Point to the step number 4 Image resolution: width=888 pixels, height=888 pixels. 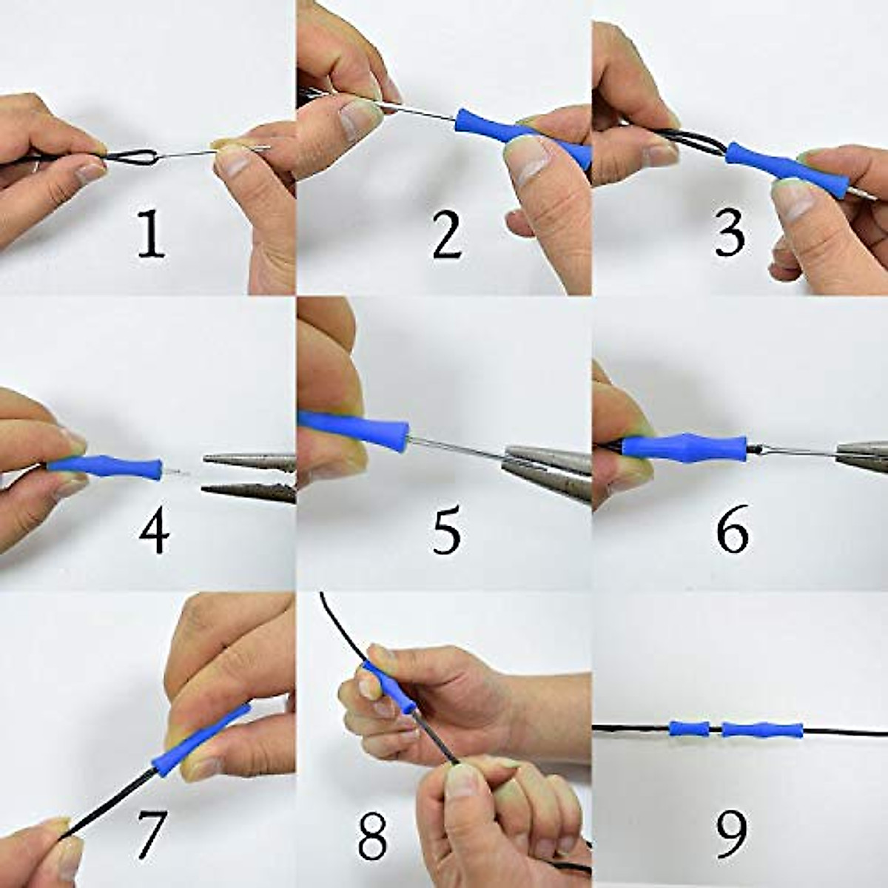[154, 530]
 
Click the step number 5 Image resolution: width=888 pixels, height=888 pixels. [446, 530]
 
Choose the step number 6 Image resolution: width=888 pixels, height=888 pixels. [732, 530]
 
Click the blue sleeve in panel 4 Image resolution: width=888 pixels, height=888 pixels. [107, 468]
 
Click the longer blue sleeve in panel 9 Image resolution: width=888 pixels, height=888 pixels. [762, 730]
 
